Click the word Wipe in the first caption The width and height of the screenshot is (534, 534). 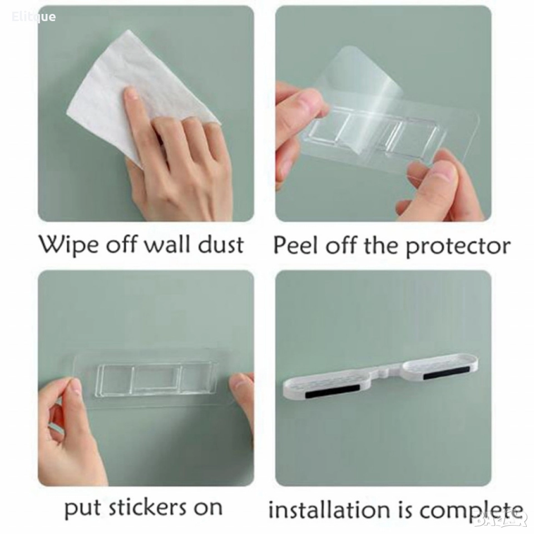point(68,245)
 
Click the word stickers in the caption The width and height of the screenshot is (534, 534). point(147,507)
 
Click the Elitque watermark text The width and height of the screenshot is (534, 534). point(34,17)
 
